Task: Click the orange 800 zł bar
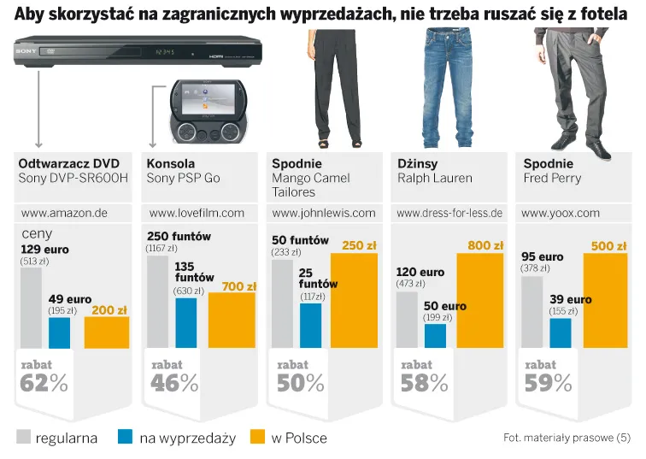point(480,300)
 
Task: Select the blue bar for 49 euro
point(60,332)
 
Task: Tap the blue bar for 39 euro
point(561,332)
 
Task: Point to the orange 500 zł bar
point(605,300)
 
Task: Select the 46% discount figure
point(174,383)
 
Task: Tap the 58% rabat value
point(425,383)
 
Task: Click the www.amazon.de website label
point(64,213)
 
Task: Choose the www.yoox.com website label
point(561,213)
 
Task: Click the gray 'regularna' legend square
point(23,438)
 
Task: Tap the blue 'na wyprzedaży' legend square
point(125,438)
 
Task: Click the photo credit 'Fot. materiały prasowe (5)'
point(567,438)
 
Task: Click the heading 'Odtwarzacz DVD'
point(68,163)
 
